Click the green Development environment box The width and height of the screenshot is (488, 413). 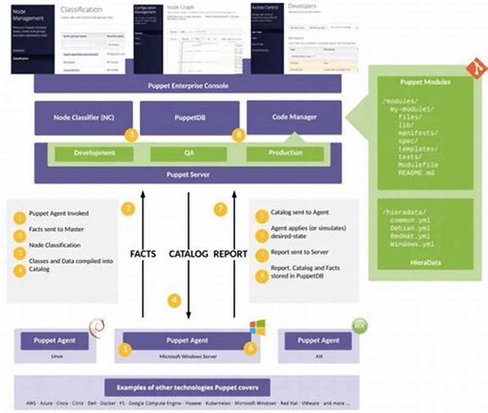(x=95, y=154)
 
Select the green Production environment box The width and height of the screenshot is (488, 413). (x=285, y=154)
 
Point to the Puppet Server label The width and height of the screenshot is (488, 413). (x=188, y=174)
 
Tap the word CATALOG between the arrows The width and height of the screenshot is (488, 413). (x=188, y=253)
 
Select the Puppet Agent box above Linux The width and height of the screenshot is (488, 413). (x=56, y=341)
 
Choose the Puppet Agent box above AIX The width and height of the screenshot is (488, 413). (x=318, y=341)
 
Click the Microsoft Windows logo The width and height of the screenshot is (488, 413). (x=257, y=327)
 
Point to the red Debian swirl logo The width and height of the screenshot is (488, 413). (x=95, y=327)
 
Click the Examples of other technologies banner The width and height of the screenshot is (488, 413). (x=188, y=387)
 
